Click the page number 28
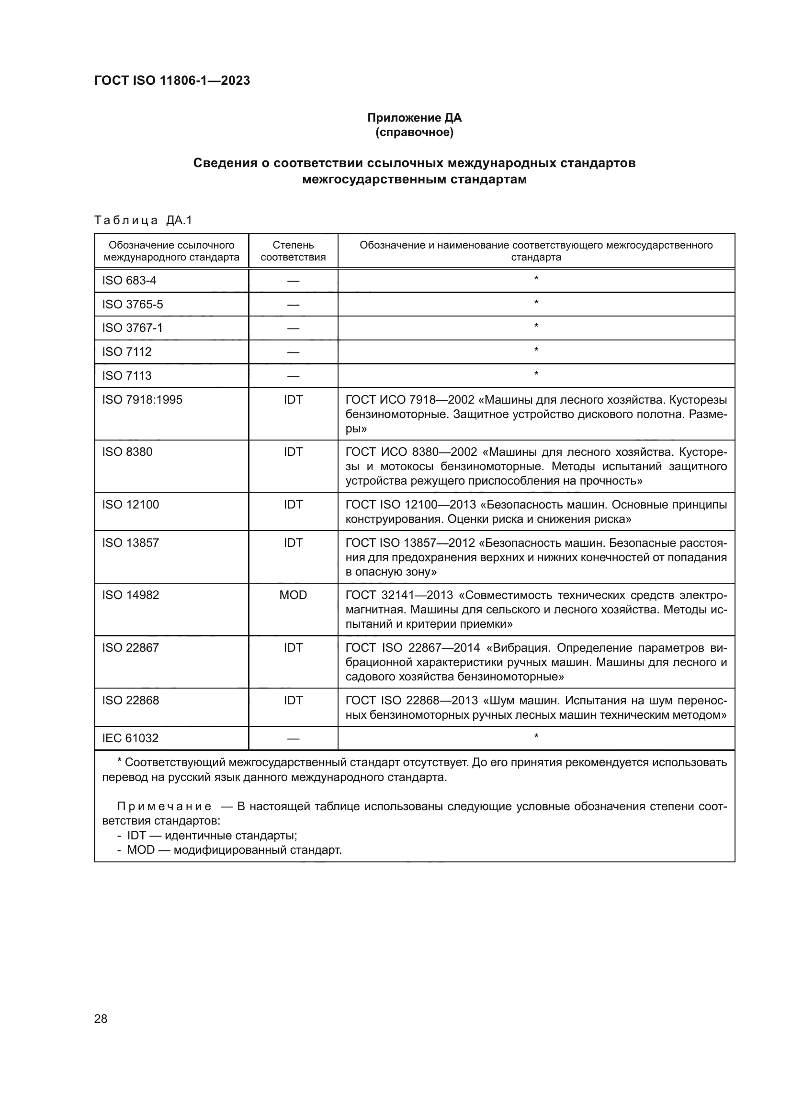tap(101, 1018)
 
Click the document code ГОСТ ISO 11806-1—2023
tap(172, 80)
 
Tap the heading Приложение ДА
tap(414, 118)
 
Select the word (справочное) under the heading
tap(414, 132)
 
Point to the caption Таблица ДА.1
tap(143, 220)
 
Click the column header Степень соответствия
tap(293, 251)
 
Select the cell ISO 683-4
tap(129, 281)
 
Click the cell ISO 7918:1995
tap(142, 399)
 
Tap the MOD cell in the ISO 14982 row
tap(293, 595)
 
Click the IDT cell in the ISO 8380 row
tap(293, 452)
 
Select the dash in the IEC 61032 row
tap(293, 738)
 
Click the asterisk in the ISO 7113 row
tap(536, 374)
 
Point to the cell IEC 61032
tap(130, 738)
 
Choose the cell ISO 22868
tap(130, 700)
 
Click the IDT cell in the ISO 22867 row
tap(293, 647)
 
